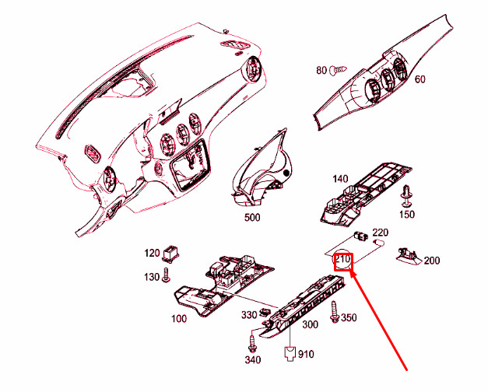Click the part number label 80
coord(321,71)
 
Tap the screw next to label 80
coord(336,71)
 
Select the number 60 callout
coord(420,79)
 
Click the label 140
coord(341,179)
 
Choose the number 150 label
coord(407,214)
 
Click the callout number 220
coord(381,232)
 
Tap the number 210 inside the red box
coord(343,260)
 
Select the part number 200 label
coord(432,260)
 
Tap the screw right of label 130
coord(167,276)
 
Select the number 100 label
coord(178,319)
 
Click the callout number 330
coord(248,315)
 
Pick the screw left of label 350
coord(335,316)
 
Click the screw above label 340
coord(254,341)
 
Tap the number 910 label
coord(305,354)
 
